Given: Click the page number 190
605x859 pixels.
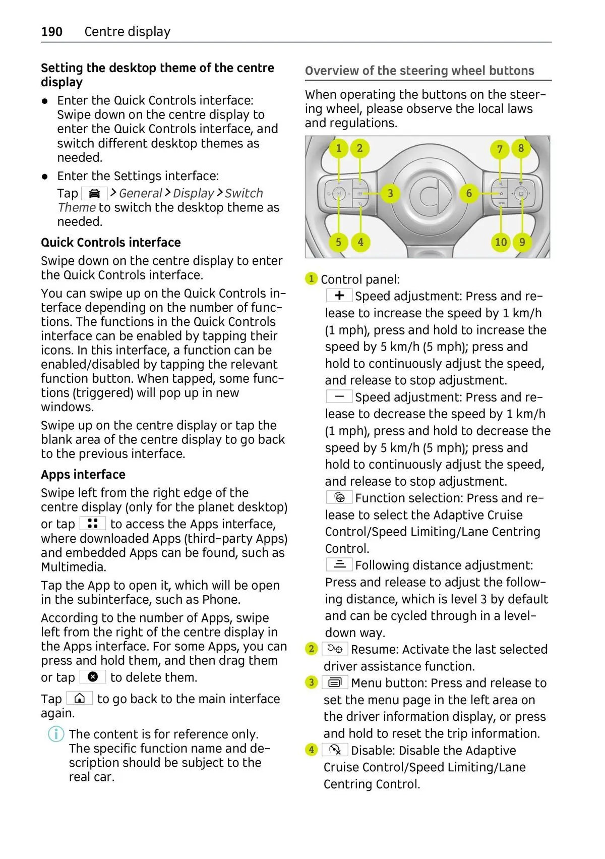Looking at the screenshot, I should pos(52,32).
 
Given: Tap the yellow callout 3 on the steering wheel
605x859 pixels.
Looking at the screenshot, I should pos(390,193).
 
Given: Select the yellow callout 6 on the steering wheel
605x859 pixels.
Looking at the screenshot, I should pos(469,193).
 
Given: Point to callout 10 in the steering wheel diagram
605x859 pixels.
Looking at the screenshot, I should pos(501,242).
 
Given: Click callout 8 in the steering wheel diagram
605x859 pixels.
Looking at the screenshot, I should pos(521,148).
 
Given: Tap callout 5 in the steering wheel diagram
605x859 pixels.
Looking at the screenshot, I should pos(338,242).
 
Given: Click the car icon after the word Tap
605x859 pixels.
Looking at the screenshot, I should pos(94,193).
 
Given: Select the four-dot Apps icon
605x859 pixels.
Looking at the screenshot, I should pos(93,523).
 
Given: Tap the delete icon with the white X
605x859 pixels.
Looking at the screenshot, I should pos(93,677).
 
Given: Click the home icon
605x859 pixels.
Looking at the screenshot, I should pos(80,699).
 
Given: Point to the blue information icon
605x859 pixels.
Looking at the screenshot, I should pos(56,734).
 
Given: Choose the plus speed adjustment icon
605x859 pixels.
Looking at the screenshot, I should pos(339,296).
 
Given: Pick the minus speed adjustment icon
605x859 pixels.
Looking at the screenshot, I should pos(339,396).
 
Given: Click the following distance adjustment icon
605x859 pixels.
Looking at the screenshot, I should pos(339,564).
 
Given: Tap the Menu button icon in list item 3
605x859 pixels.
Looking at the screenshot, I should pos(335,683).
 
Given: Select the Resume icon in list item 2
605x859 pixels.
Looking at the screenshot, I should pos(335,649).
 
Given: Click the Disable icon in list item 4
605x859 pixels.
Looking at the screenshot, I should pos(335,750).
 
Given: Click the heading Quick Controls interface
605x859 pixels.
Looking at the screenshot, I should pos(111,243).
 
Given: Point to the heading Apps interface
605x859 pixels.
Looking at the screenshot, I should pos(83,475).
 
